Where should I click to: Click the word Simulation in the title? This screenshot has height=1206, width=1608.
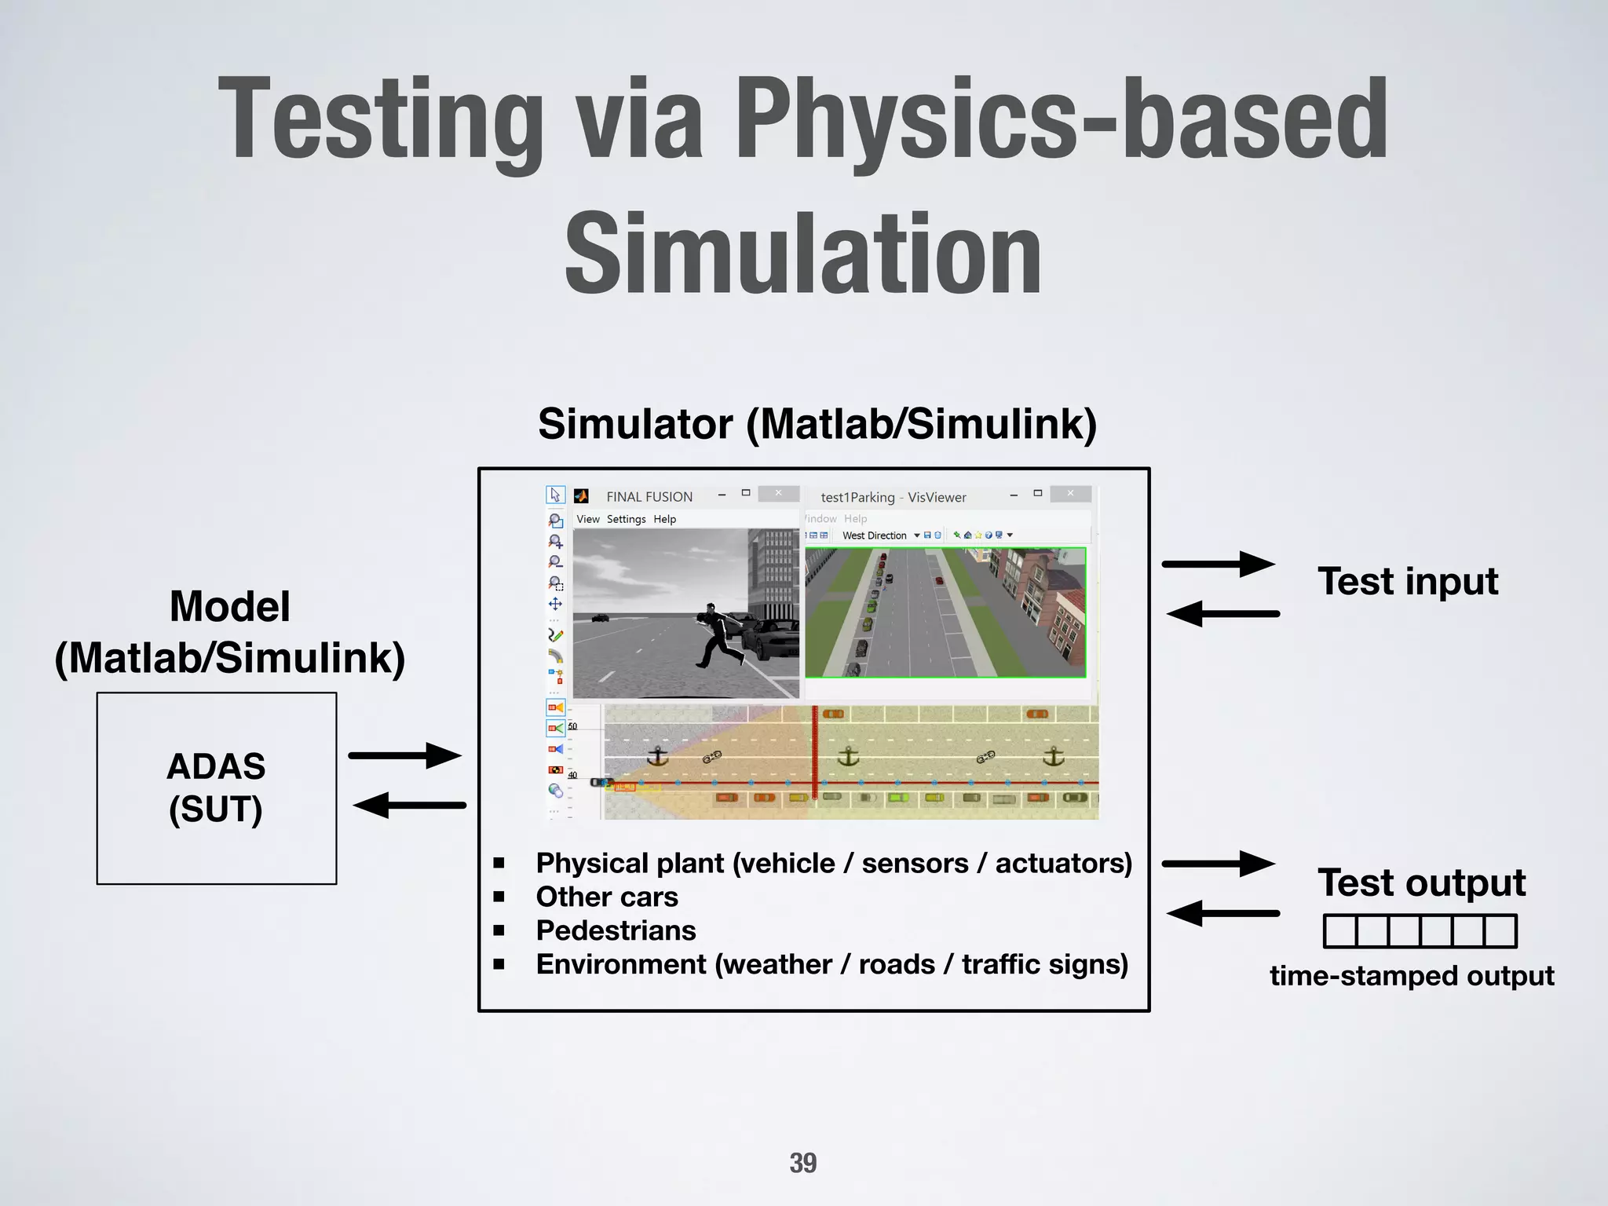[802, 254]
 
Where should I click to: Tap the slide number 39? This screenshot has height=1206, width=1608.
[802, 1163]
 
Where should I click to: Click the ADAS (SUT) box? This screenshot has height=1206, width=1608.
[217, 788]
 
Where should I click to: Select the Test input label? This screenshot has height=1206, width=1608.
[1408, 582]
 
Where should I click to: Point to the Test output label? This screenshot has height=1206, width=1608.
[1421, 883]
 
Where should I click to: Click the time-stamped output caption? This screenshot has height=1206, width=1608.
[1412, 976]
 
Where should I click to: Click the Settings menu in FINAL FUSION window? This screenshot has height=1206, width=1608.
[626, 519]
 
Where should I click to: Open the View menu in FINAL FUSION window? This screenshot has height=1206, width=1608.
[587, 519]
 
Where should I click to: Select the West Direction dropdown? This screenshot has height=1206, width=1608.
[879, 535]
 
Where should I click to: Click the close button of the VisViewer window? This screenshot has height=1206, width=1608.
[1070, 494]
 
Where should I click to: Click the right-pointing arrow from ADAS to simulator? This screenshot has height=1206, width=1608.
[405, 755]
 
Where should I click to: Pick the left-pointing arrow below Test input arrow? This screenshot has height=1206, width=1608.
[1222, 613]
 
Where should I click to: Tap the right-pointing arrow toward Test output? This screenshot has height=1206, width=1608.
[1219, 864]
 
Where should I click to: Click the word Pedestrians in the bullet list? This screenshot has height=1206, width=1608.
[616, 930]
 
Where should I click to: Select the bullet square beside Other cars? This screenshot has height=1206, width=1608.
[499, 897]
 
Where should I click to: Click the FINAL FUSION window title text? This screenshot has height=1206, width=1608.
[649, 497]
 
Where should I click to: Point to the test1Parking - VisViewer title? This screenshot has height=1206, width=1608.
[893, 498]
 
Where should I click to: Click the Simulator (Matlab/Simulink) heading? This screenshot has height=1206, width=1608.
[817, 424]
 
